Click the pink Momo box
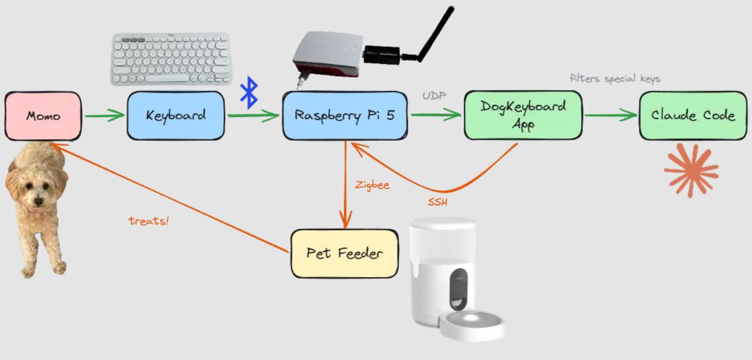pyautogui.click(x=43, y=116)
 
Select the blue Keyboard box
pyautogui.click(x=176, y=115)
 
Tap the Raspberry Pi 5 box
pyautogui.click(x=345, y=115)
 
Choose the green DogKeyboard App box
pyautogui.click(x=522, y=115)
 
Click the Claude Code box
pyautogui.click(x=692, y=115)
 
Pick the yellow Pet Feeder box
pyautogui.click(x=344, y=253)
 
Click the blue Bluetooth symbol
pyautogui.click(x=250, y=92)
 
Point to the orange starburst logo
pyautogui.click(x=691, y=170)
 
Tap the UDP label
pyautogui.click(x=435, y=96)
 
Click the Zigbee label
pyautogui.click(x=372, y=185)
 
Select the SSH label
pyautogui.click(x=437, y=203)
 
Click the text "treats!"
pyautogui.click(x=149, y=221)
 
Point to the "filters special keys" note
pyautogui.click(x=615, y=78)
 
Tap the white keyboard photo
pyautogui.click(x=171, y=60)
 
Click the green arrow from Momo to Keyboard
pyautogui.click(x=104, y=116)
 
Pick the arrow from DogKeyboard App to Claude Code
pyautogui.click(x=610, y=116)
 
